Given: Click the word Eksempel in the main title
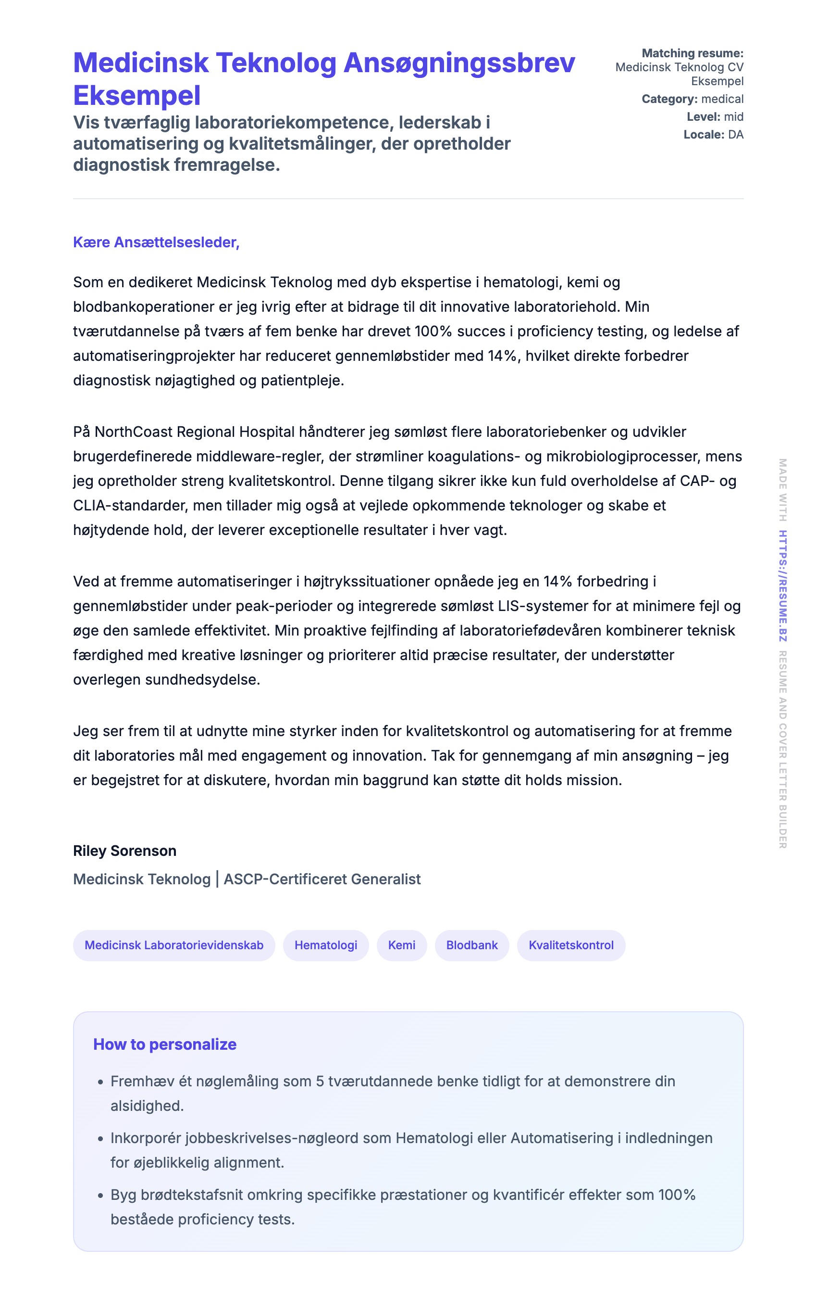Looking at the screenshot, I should click(137, 96).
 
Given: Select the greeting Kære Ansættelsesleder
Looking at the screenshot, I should click(156, 242).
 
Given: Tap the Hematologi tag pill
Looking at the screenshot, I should click(326, 945).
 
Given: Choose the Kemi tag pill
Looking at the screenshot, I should click(402, 945).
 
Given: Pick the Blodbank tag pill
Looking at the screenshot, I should click(472, 945).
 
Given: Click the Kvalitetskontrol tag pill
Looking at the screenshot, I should click(571, 945).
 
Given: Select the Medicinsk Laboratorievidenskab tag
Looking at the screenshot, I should click(174, 945).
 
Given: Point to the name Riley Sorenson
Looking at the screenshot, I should click(125, 851).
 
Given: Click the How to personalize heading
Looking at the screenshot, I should click(165, 1044).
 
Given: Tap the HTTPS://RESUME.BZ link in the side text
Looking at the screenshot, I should click(782, 586).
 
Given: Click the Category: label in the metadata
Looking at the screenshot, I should click(669, 99).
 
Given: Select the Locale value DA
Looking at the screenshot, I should click(736, 135).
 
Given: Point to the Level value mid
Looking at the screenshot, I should click(733, 117).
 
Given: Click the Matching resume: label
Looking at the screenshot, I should click(692, 53).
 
